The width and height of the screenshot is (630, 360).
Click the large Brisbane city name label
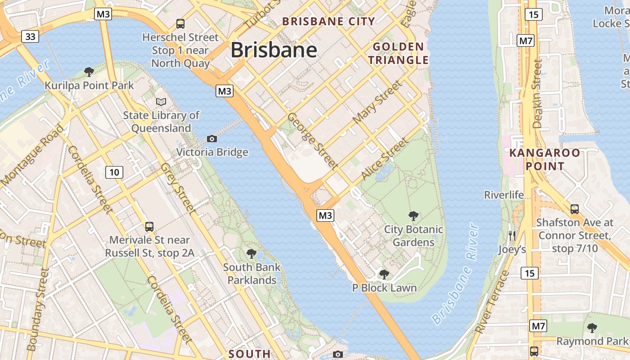pyautogui.click(x=274, y=50)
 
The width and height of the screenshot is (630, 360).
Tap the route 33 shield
pyautogui.click(x=30, y=36)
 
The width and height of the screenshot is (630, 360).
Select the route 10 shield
pyautogui.click(x=114, y=172)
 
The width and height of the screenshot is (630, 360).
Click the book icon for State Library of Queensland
pyautogui.click(x=161, y=102)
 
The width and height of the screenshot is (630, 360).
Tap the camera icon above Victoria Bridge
pyautogui.click(x=211, y=139)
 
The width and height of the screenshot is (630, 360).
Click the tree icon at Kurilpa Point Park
pyautogui.click(x=89, y=72)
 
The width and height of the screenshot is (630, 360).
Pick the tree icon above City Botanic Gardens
pyautogui.click(x=413, y=216)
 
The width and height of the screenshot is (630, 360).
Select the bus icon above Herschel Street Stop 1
pyautogui.click(x=180, y=23)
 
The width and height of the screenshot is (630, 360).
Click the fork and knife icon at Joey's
pyautogui.click(x=512, y=235)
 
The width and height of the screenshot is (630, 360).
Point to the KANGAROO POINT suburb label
pyautogui.click(x=544, y=159)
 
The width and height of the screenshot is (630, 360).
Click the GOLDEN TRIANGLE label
pyautogui.click(x=398, y=53)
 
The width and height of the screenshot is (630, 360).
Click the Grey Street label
pyautogui.click(x=177, y=188)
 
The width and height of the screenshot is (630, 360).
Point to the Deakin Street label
pyautogui.click(x=537, y=94)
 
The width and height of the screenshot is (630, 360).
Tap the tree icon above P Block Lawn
pyautogui.click(x=384, y=274)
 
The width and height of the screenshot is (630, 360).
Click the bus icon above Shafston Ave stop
pyautogui.click(x=575, y=209)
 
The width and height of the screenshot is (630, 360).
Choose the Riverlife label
pyautogui.click(x=504, y=195)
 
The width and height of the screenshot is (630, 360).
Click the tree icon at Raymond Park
pyautogui.click(x=592, y=328)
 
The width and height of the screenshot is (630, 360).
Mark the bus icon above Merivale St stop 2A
pyautogui.click(x=149, y=226)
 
